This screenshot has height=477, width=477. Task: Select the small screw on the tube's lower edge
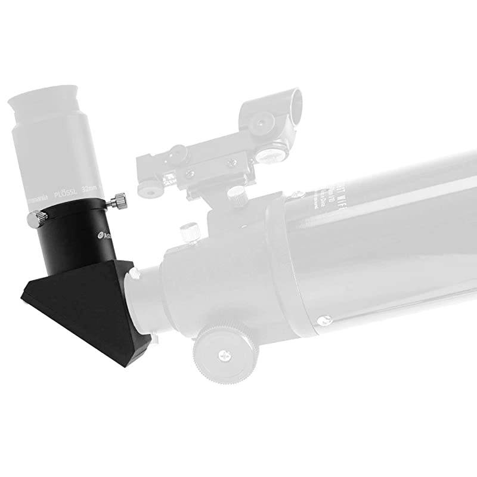[x=324, y=320]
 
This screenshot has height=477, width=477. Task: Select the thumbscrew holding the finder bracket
[x=237, y=194]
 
